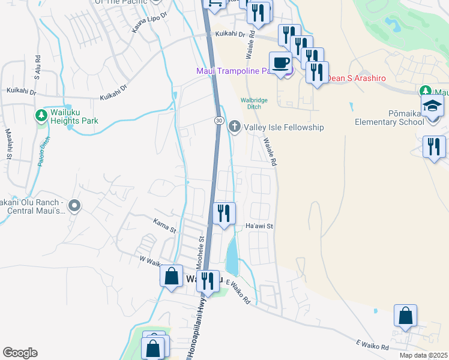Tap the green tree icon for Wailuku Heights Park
point(41,115)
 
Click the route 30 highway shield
point(220,121)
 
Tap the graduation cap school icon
point(432,107)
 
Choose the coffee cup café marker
point(281,62)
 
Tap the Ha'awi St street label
point(259,226)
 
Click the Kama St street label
point(163,229)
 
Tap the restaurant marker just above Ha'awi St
point(224,213)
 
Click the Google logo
point(20,353)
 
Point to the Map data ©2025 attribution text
point(423,355)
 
